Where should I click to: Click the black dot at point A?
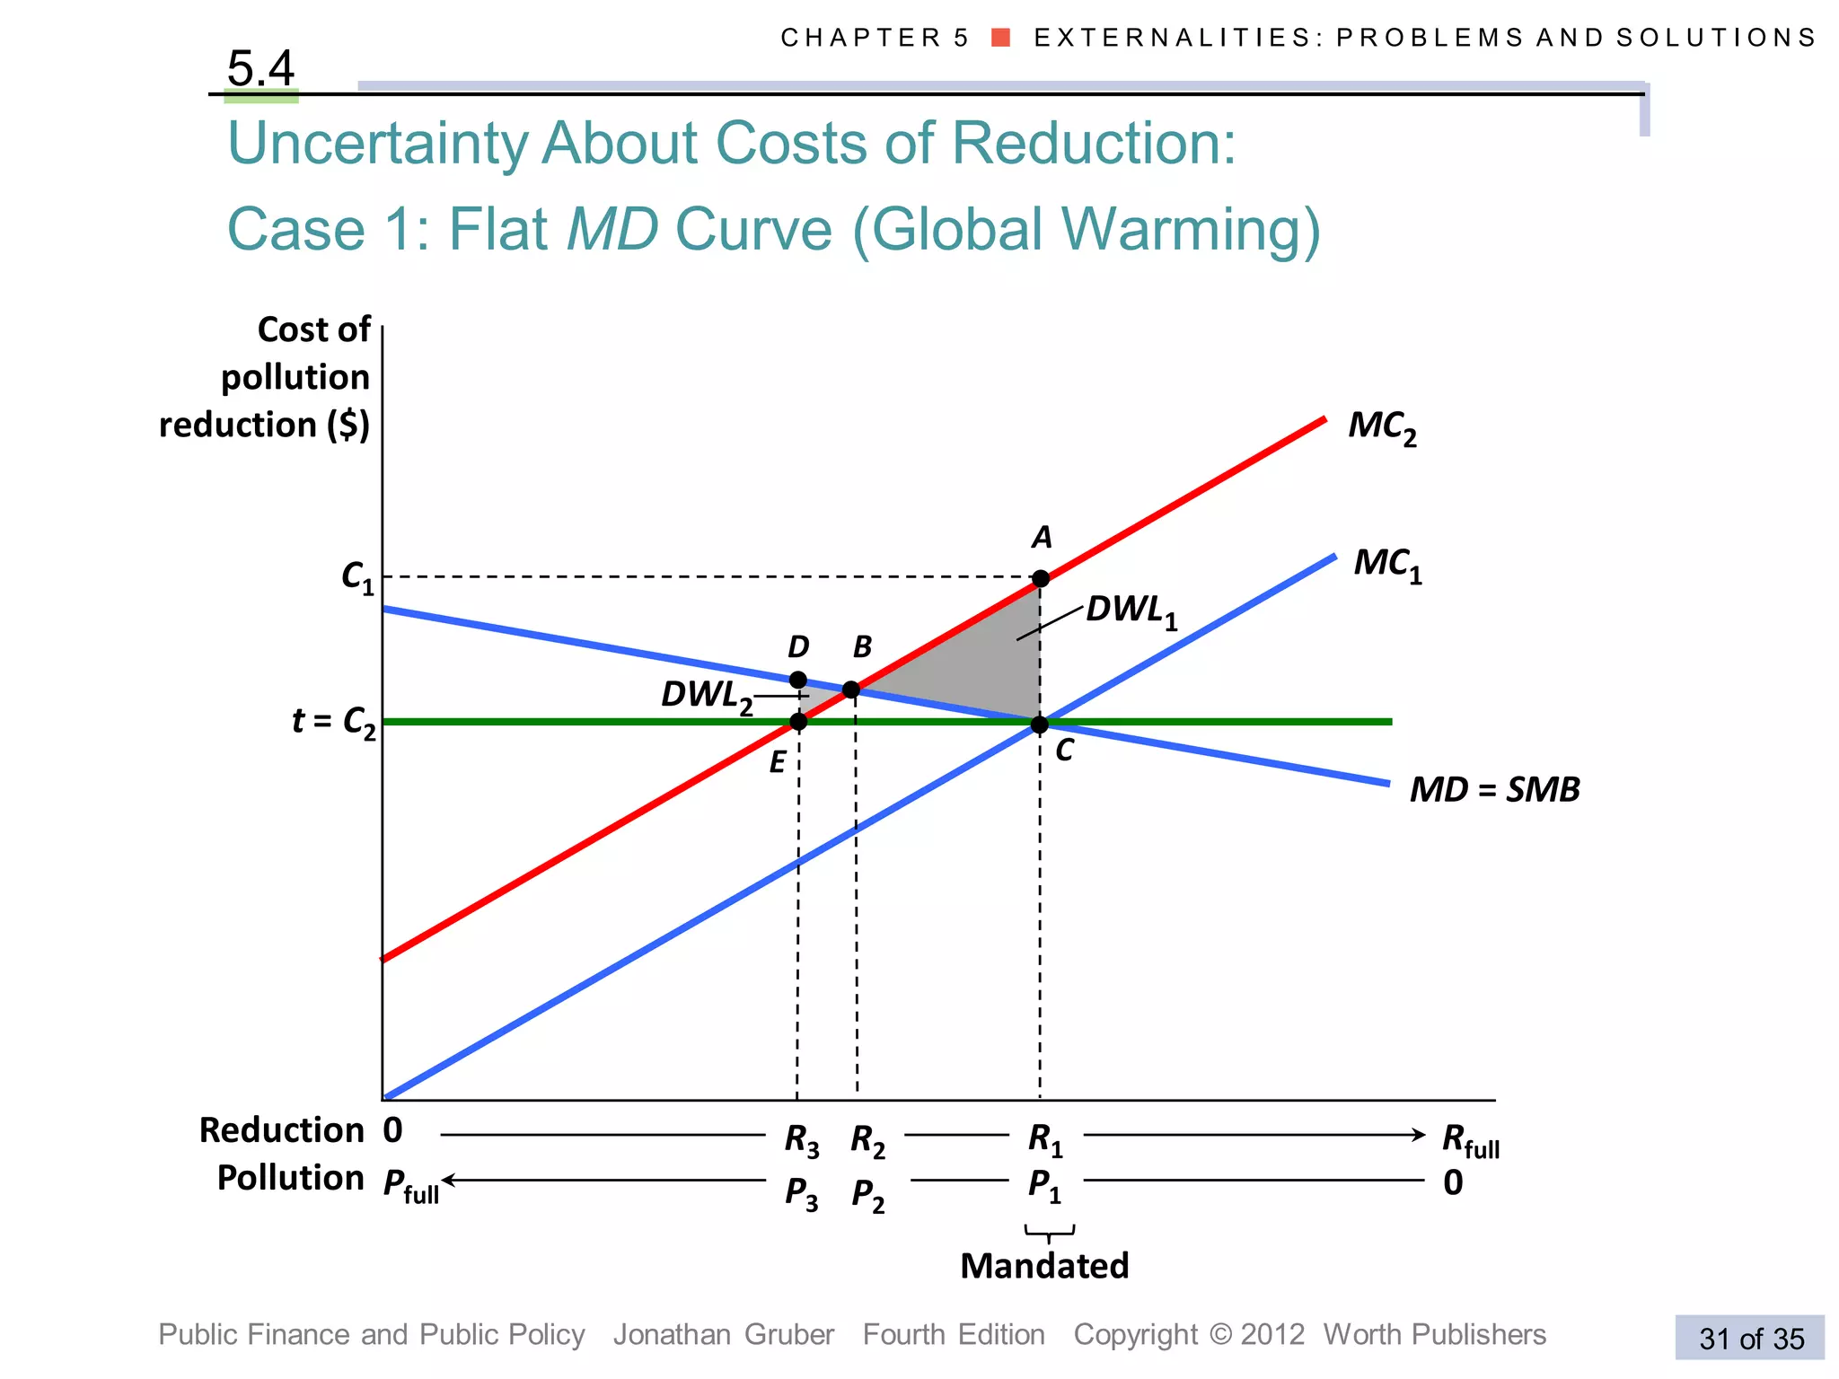click(x=1040, y=578)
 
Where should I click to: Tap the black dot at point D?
click(x=797, y=680)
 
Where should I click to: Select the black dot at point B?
click(x=851, y=689)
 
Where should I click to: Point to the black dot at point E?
click(x=797, y=722)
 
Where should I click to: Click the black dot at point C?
click(x=1039, y=724)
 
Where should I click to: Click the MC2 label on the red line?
click(x=1381, y=427)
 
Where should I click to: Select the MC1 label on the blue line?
click(x=1387, y=565)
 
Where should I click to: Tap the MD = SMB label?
click(x=1494, y=789)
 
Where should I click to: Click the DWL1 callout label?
click(x=1131, y=610)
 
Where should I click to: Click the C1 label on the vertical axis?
click(x=357, y=577)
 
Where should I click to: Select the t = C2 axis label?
click(x=334, y=722)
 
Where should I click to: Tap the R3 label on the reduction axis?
click(x=801, y=1140)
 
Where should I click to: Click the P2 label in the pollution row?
click(x=867, y=1195)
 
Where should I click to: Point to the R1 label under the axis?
click(x=1045, y=1140)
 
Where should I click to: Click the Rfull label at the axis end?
click(x=1470, y=1141)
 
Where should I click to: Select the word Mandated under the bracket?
click(x=1043, y=1266)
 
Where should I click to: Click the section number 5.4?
click(x=260, y=68)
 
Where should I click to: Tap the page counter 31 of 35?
click(x=1751, y=1339)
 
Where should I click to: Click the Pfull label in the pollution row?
click(x=411, y=1186)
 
